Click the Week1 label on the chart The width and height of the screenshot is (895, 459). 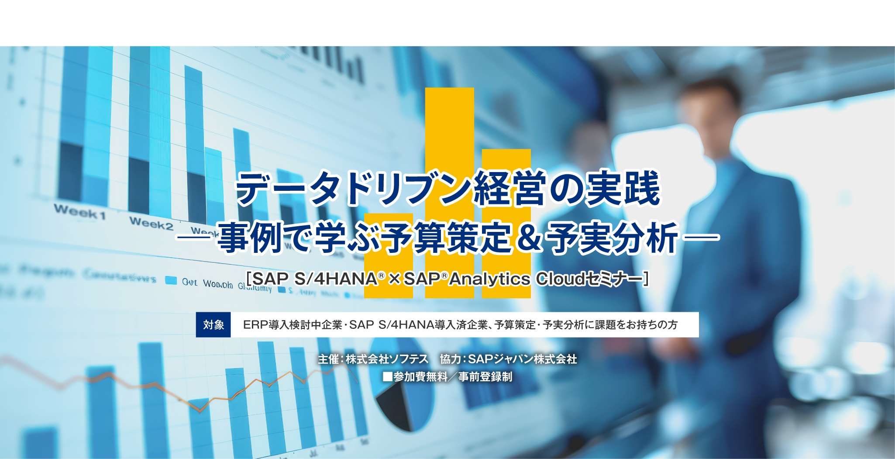click(80, 212)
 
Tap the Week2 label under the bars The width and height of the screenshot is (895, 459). click(151, 224)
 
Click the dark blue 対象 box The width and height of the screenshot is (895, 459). click(213, 324)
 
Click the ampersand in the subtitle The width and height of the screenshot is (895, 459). click(529, 238)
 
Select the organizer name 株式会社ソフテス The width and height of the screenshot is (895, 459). click(387, 359)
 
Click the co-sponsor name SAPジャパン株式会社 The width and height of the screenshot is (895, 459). click(522, 359)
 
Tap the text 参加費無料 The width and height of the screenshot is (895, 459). click(420, 376)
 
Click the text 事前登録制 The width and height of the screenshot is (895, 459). click(485, 376)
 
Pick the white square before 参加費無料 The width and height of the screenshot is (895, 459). click(387, 376)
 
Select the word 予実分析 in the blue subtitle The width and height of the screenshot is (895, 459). click(613, 238)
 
